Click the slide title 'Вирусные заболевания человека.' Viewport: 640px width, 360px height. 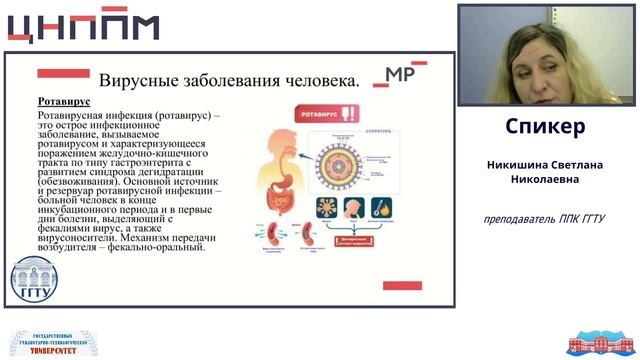pos(229,78)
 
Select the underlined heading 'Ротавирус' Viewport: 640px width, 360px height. pos(64,102)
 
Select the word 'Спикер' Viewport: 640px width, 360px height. pos(546,128)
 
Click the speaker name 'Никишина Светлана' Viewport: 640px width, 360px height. pos(546,164)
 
